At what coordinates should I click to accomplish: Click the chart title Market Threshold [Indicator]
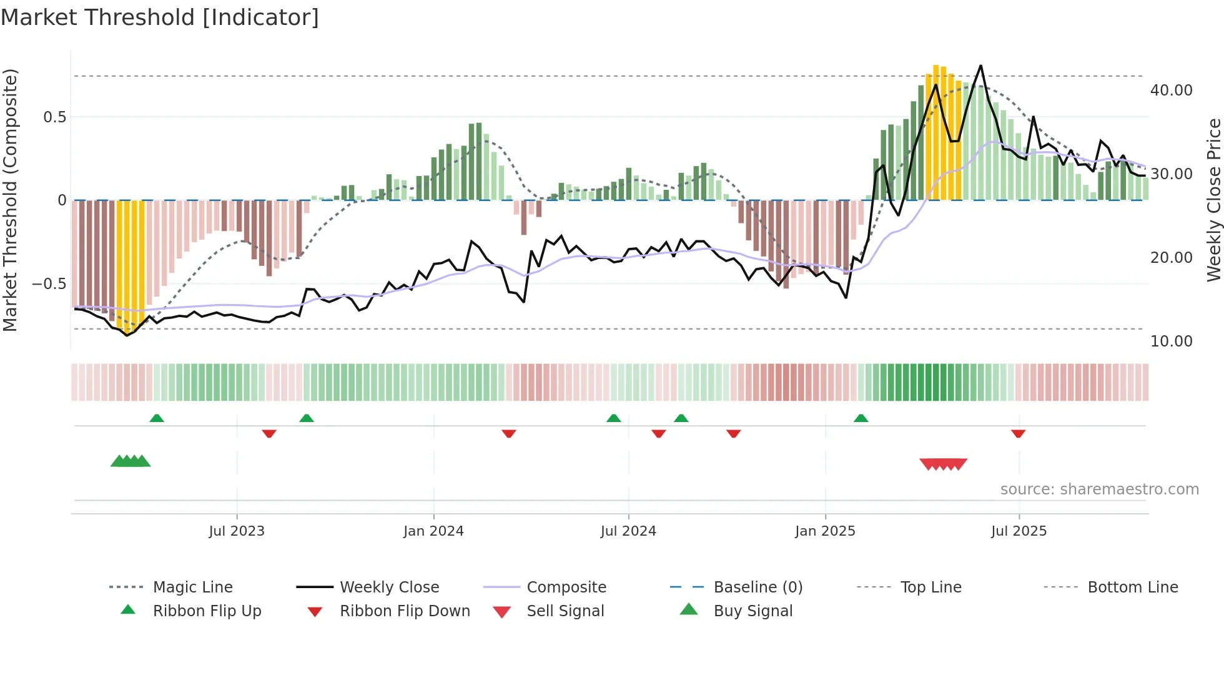(160, 17)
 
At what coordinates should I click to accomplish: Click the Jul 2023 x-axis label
(237, 531)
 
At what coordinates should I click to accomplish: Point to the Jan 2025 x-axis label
(825, 531)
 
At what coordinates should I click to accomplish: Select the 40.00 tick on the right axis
(1171, 91)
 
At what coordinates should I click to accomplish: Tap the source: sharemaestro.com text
(1099, 489)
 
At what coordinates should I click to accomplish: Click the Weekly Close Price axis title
(1213, 200)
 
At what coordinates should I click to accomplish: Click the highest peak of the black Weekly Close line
(980, 66)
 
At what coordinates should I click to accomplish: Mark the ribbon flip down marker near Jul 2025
(1019, 433)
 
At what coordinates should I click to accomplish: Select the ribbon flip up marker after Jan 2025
(861, 418)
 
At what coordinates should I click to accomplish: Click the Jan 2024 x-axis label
(433, 531)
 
